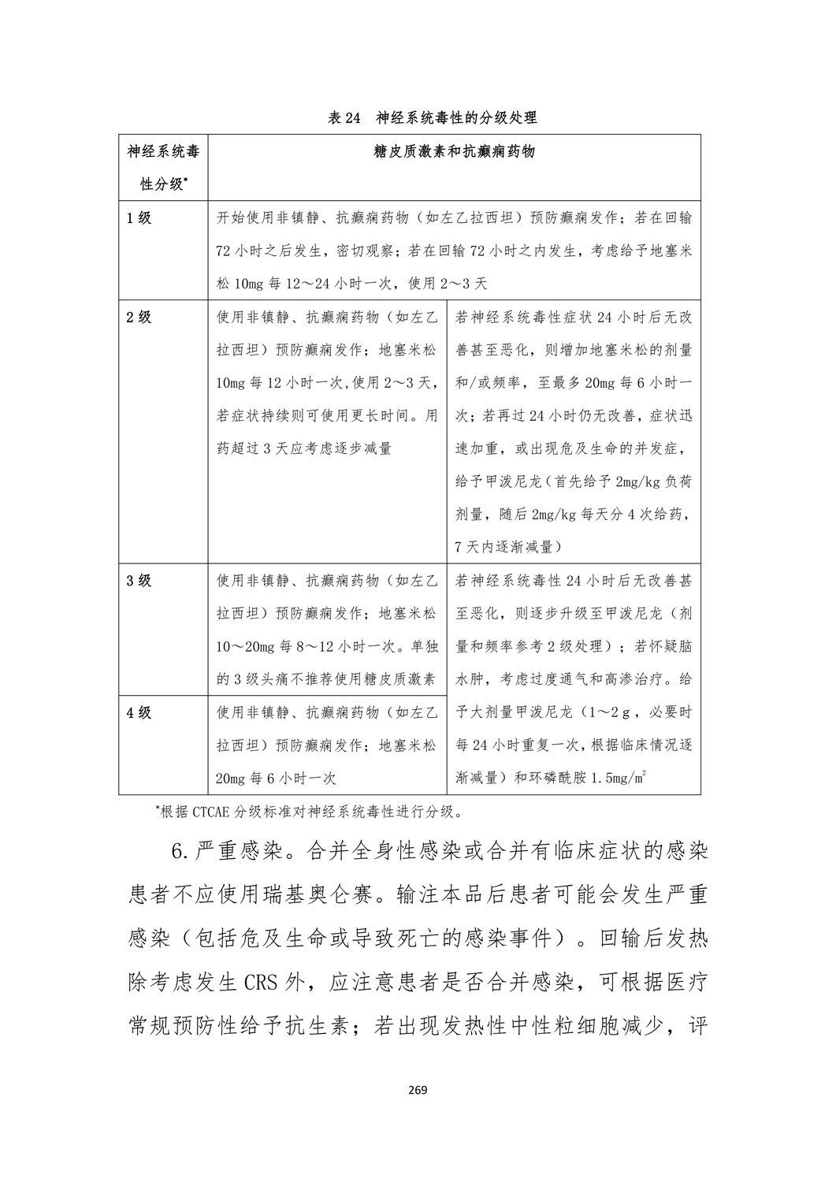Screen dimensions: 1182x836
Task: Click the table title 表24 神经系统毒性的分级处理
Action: coord(432,118)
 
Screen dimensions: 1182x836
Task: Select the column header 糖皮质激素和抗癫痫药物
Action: coord(455,151)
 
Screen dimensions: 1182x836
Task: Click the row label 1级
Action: coord(139,218)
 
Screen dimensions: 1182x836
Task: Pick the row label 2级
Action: coord(139,318)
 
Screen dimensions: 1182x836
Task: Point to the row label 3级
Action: coord(139,581)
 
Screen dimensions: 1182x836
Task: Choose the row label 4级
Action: coord(139,712)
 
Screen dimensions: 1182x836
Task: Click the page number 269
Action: coord(418,1091)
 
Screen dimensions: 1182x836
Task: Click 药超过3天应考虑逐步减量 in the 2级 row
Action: coord(304,449)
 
